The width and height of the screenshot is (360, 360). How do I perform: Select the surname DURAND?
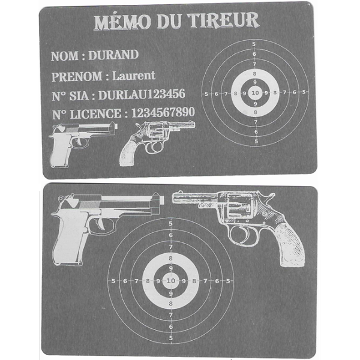point(113,55)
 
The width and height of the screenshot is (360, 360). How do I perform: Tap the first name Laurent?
point(134,76)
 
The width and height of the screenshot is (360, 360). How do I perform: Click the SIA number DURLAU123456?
point(142,94)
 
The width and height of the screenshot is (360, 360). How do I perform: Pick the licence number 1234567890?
point(163,113)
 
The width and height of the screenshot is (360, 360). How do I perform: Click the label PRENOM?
point(76,76)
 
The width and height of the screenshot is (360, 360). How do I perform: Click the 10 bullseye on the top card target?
point(255,93)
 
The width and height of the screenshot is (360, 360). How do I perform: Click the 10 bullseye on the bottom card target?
point(170,281)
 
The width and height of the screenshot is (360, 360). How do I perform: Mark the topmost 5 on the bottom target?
point(170,224)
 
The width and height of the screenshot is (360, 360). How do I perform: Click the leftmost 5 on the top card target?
point(206,93)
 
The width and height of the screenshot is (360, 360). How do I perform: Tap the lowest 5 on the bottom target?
point(170,338)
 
